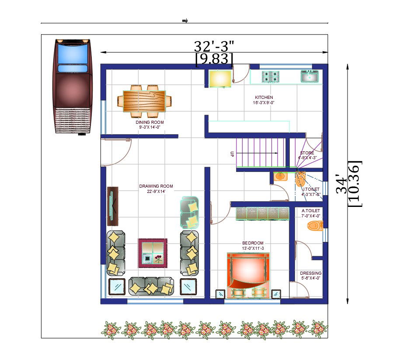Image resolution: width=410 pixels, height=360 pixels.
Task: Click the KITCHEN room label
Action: pos(264,98)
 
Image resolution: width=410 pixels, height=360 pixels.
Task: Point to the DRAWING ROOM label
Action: pos(156,186)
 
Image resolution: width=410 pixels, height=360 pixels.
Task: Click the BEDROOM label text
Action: pos(253,243)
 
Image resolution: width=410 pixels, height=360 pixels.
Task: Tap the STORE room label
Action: pos(307,153)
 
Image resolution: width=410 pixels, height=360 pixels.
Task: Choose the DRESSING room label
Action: pos(311,273)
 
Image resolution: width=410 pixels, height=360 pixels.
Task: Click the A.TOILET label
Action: pos(311,211)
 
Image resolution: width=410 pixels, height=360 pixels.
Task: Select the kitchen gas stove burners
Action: pos(271,77)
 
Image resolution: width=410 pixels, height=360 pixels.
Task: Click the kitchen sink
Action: pos(309,77)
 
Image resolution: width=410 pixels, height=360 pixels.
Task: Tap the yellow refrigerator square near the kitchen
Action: pos(219,78)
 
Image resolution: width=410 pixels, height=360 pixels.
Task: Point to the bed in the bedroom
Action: pos(248,276)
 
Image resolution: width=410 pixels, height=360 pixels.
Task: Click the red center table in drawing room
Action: pos(153,253)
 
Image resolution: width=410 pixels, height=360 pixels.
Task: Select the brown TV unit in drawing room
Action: pos(112,206)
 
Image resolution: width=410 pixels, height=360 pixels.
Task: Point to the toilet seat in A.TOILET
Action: pos(315,226)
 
